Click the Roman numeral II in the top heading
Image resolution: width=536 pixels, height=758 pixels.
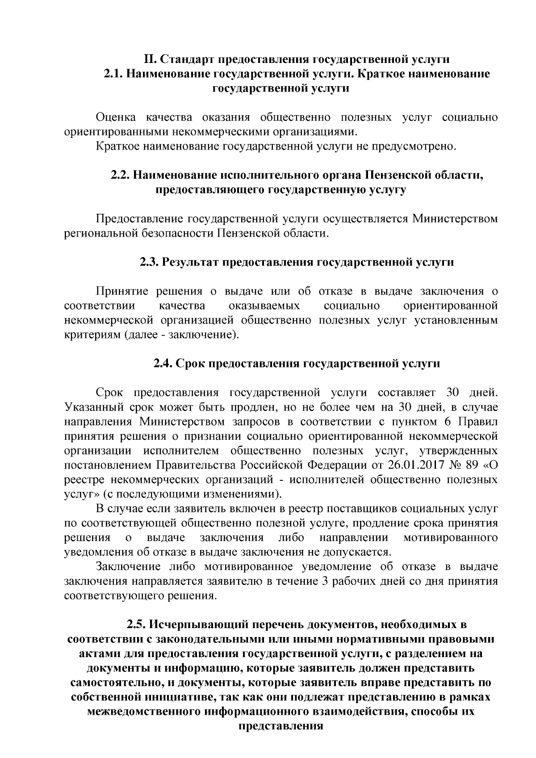coord(149,59)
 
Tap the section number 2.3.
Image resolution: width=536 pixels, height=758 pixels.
coord(149,262)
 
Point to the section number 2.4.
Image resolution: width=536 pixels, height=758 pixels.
coord(163,363)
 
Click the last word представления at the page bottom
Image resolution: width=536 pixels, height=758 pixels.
coord(281,725)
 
